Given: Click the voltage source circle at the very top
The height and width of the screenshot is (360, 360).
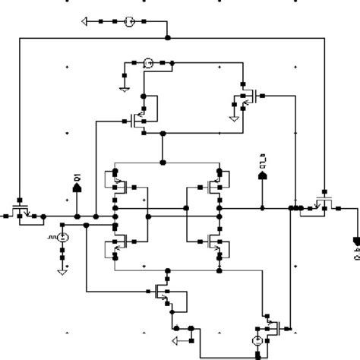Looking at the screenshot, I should pos(130,21).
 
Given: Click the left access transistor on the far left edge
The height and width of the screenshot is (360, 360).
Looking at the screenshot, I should pos(21,207).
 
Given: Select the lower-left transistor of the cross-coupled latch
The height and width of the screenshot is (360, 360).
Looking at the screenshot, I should pos(118,242).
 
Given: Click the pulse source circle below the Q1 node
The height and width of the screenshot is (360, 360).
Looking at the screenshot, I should pos(63,239).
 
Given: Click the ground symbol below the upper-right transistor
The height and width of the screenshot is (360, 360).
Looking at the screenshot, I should pos(233,117).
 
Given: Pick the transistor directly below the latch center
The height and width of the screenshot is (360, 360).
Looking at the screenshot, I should pos(161,290).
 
